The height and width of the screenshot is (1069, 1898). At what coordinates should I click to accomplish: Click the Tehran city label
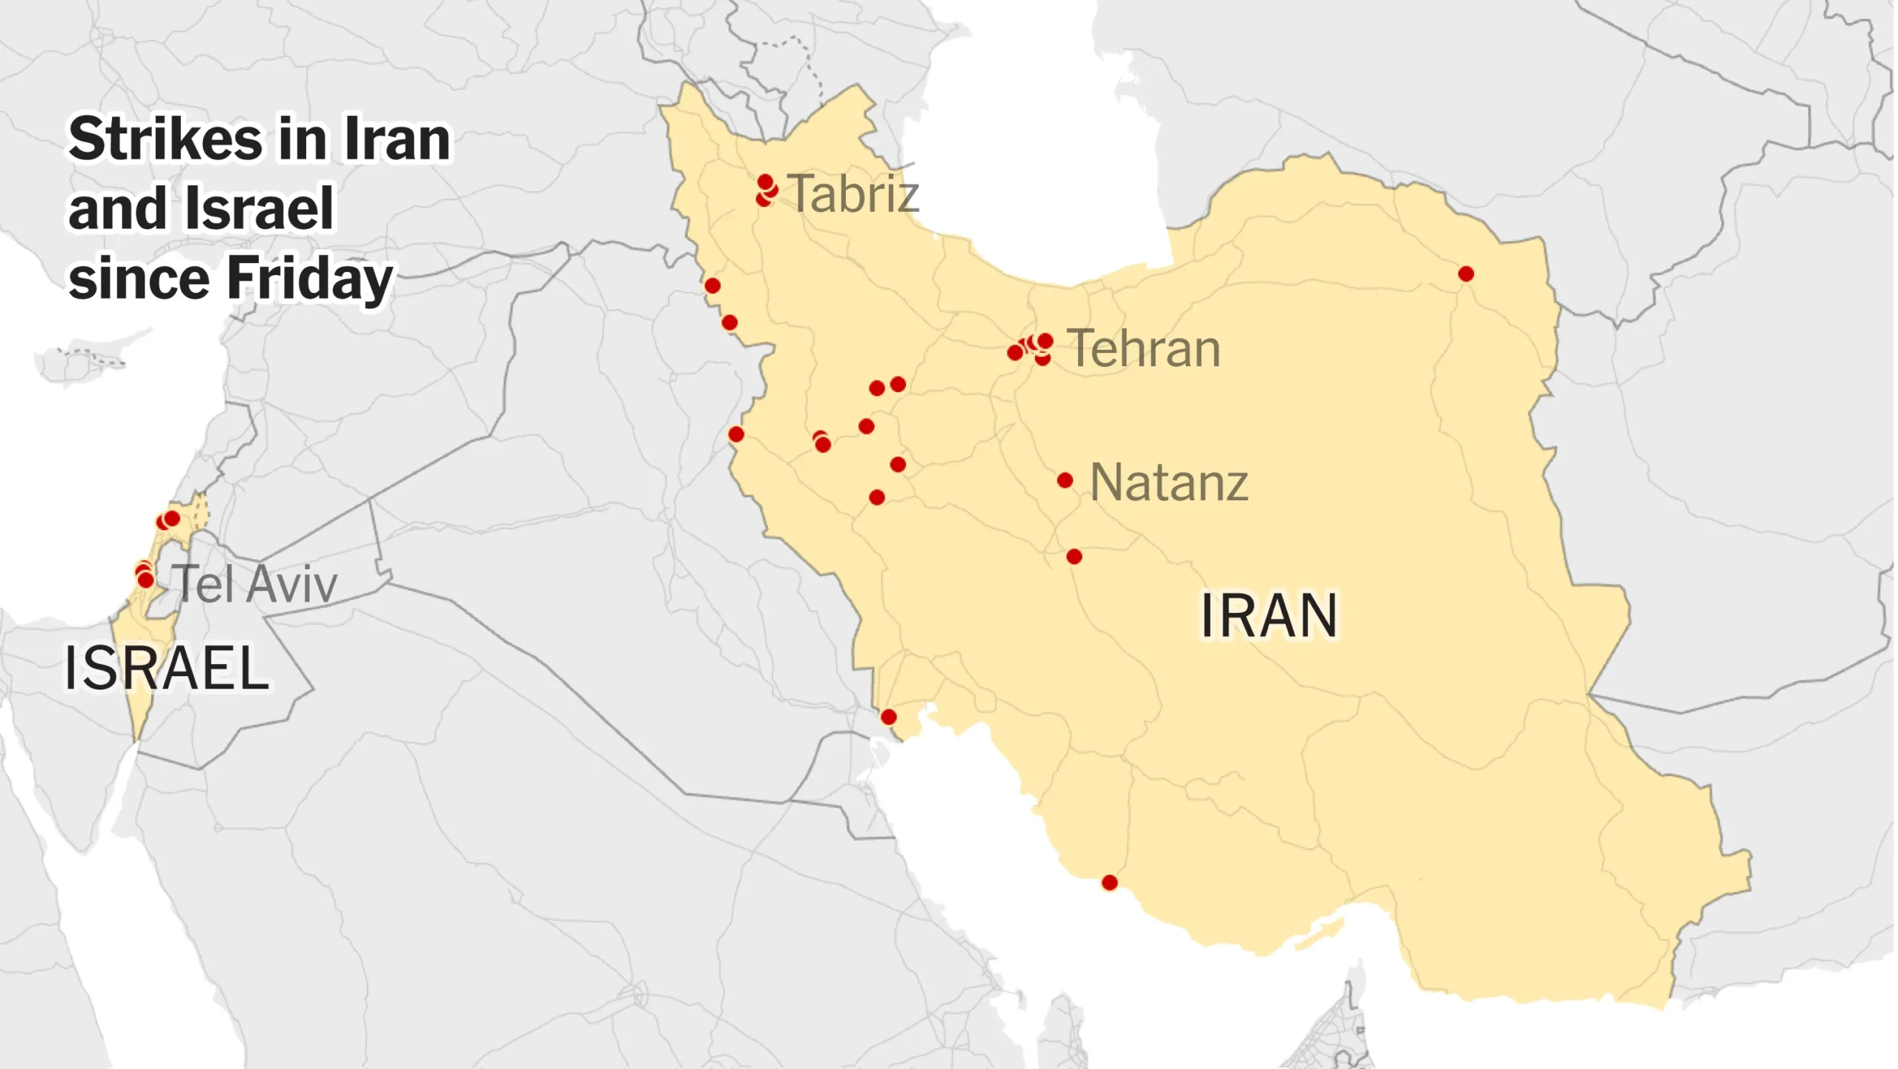[1143, 348]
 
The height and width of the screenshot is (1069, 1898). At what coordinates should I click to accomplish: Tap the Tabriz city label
[853, 193]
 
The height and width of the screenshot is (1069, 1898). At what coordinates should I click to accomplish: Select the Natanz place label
[1168, 483]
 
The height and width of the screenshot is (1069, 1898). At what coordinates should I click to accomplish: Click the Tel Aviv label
[255, 584]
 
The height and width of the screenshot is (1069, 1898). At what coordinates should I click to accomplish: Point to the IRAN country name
[1269, 615]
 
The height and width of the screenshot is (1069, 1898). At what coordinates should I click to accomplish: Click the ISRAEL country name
[167, 668]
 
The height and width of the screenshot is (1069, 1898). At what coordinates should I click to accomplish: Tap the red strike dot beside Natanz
[1065, 481]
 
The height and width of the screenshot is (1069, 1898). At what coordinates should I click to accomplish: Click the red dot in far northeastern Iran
[1466, 274]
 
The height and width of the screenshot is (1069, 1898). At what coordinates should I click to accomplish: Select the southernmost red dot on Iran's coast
[1110, 883]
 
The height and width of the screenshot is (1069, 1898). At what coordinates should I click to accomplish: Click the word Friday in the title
[309, 279]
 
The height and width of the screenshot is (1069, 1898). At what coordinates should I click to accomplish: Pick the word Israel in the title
[259, 209]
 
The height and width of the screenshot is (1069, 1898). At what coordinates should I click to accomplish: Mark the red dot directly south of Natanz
[1074, 557]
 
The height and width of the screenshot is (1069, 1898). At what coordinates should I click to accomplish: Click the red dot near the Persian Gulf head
[889, 717]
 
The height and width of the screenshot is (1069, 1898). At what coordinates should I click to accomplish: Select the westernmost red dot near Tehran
[1015, 353]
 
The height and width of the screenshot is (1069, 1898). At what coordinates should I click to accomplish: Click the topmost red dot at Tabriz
[765, 182]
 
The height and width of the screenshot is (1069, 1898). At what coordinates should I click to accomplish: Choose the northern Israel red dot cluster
[169, 520]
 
